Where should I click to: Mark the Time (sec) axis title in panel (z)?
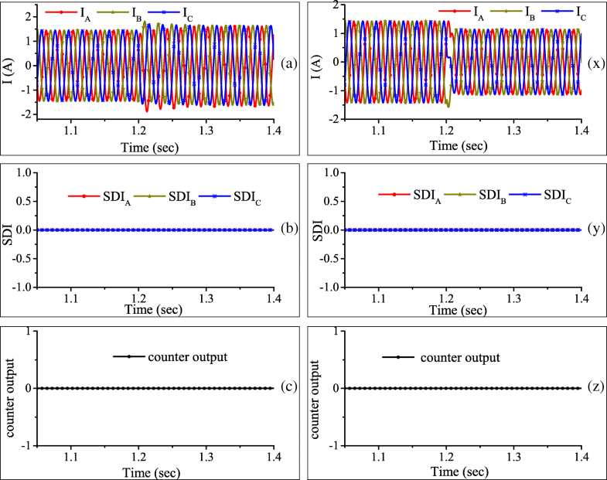[x=461, y=472]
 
